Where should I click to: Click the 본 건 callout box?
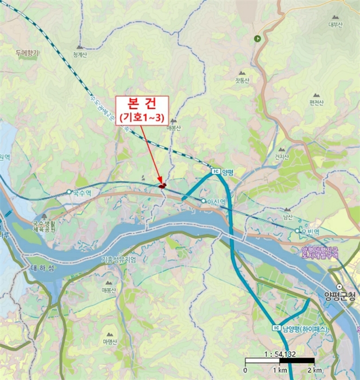[141, 109]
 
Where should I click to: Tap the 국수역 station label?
[81, 192]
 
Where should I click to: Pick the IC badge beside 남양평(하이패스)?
[276, 328]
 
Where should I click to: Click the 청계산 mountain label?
[80, 54]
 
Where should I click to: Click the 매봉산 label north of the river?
[174, 128]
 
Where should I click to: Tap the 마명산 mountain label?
[110, 342]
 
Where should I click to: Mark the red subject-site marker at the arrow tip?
[162, 186]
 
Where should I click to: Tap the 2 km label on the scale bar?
[313, 370]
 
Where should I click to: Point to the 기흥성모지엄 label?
[118, 260]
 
